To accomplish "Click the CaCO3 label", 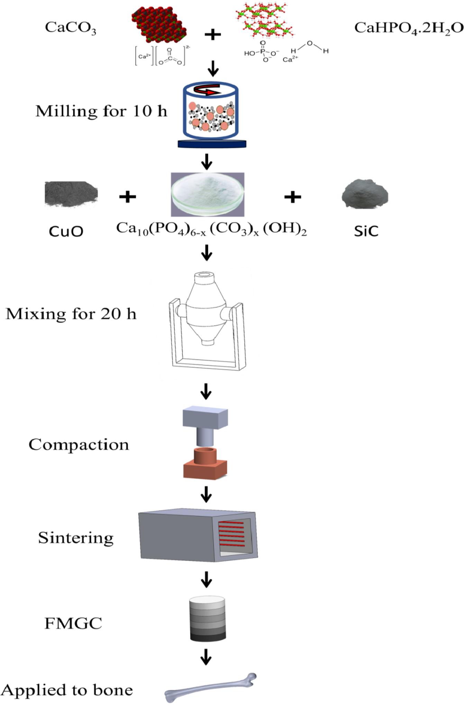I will coord(70,28).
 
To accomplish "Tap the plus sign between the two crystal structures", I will coord(212,34).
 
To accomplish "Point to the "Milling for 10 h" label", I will coord(101,111).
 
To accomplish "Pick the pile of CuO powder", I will coord(71,194).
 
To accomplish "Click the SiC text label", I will coord(366,231).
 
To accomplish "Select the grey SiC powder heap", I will coord(365,194).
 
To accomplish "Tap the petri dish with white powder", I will coord(208,194).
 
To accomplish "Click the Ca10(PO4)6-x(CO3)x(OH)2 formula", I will coord(211,229).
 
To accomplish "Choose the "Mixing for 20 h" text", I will coord(71,314).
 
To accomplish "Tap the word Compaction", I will coord(79,445).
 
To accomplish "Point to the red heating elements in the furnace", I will coord(231,533).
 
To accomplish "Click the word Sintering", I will coord(76,538).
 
